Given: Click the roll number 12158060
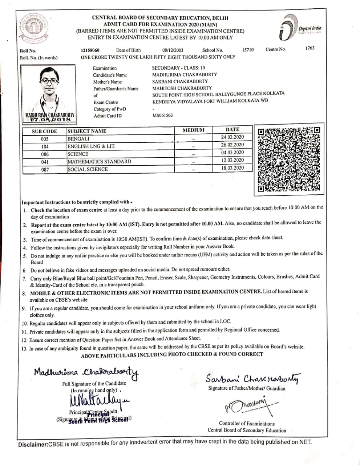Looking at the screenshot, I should tap(90, 50).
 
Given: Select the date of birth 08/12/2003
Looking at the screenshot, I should tap(173, 50).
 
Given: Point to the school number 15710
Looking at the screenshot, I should tap(248, 50).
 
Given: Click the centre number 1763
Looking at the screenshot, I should tap(310, 48).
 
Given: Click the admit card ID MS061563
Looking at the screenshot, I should tap(162, 116).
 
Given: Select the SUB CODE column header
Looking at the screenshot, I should tap(44, 132).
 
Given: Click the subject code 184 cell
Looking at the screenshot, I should tap(45, 147).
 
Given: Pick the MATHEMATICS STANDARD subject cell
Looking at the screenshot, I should tap(99, 162).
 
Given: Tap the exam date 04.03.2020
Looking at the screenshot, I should tap(232, 153).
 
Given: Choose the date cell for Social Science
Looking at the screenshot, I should tap(232, 168).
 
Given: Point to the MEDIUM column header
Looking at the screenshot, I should tap(193, 130).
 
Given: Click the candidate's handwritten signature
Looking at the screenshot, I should tap(86, 372).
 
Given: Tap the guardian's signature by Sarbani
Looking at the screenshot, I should tap(253, 379).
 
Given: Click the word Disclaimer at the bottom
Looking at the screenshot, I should tap(33, 445).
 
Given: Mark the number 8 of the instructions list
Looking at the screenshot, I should tap(24, 293).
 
